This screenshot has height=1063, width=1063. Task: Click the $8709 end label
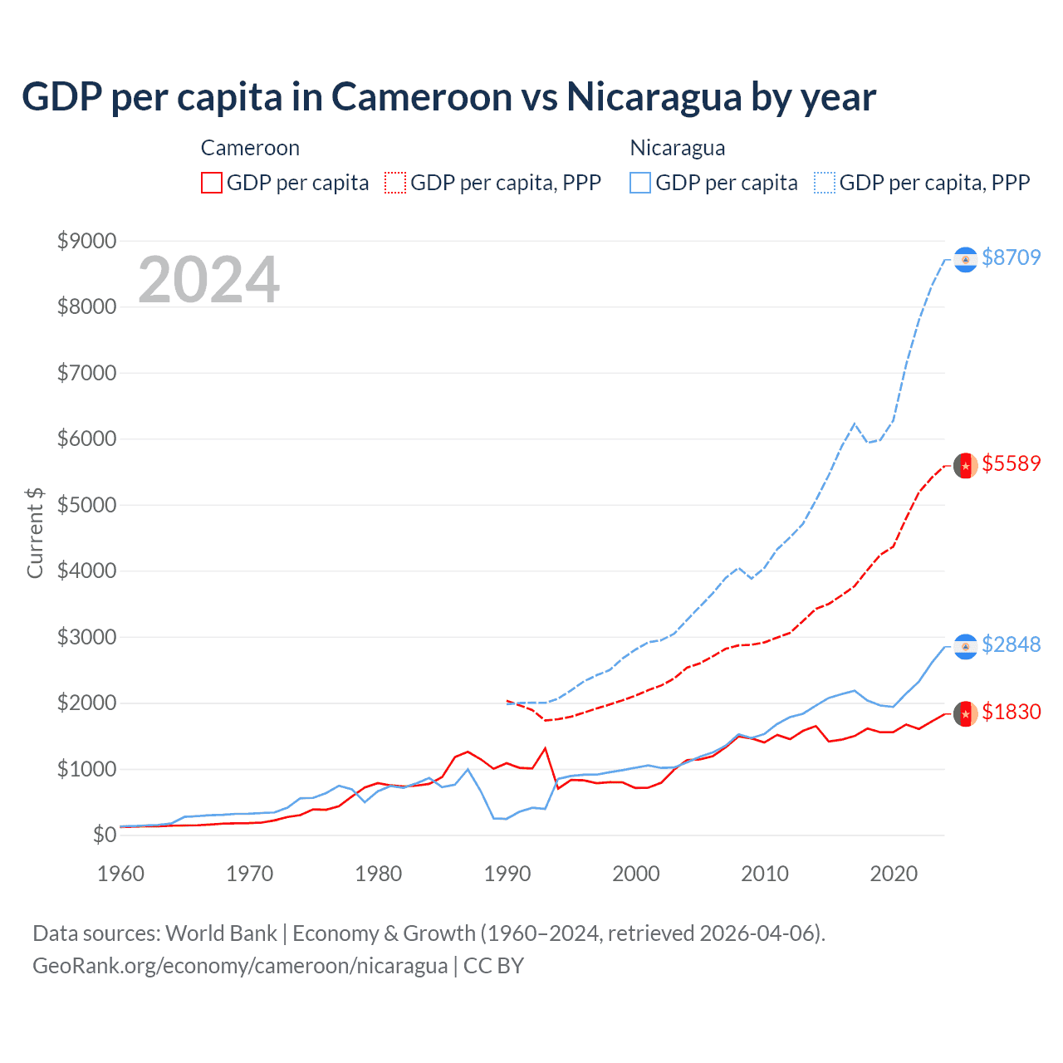pos(1011,257)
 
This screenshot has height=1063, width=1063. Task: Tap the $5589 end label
pos(1011,463)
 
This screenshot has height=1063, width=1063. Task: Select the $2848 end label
pos(1011,644)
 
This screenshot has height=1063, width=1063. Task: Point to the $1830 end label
pos(1011,712)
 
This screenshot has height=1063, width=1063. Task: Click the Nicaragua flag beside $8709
pos(965,260)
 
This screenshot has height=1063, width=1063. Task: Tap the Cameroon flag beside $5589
pos(965,466)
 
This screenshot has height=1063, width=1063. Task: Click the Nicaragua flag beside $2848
pos(965,647)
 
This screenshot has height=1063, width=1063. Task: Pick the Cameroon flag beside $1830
pos(965,714)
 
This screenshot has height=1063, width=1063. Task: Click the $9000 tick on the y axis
pos(86,241)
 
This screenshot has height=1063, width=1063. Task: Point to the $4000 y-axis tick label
pos(86,571)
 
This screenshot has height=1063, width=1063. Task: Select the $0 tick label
pos(104,835)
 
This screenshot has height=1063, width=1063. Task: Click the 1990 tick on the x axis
pos(507,874)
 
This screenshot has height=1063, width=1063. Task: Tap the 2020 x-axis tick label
pos(894,874)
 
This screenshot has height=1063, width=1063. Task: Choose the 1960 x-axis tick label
pos(121,874)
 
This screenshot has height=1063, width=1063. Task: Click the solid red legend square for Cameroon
pos(212,183)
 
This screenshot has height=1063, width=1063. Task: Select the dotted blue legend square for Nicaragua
pos(825,183)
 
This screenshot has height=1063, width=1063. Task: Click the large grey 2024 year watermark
pos(208,280)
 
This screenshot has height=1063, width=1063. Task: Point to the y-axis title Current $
pos(35,532)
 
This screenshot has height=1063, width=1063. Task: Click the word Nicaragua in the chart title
pos(654,97)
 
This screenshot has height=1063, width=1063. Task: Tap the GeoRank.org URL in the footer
pos(240,966)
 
